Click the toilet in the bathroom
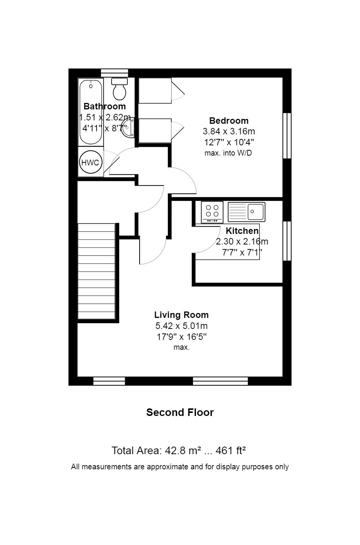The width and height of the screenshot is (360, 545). (119, 89)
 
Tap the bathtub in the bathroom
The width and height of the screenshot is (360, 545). (91, 112)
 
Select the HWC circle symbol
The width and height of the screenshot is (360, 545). (90, 162)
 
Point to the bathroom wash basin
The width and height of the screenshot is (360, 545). (128, 128)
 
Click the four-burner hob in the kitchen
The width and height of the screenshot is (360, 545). (212, 212)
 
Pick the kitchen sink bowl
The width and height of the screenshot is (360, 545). (256, 212)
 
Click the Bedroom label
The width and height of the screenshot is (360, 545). (229, 121)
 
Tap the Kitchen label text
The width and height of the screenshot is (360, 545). (242, 230)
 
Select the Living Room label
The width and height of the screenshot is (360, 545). (182, 315)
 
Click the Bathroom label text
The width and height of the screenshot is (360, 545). (104, 106)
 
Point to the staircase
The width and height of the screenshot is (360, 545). (96, 271)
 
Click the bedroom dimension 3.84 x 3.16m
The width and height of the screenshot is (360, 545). (229, 131)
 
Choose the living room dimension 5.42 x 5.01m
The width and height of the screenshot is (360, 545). (182, 325)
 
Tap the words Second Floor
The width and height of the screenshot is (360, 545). (180, 413)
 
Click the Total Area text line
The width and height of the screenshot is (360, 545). (178, 451)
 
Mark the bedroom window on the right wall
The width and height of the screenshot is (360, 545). (287, 135)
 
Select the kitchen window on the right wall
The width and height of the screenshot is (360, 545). (287, 241)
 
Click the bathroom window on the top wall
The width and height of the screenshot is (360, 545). (114, 73)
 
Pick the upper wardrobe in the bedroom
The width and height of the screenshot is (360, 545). (155, 90)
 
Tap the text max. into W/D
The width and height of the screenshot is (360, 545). (228, 153)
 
